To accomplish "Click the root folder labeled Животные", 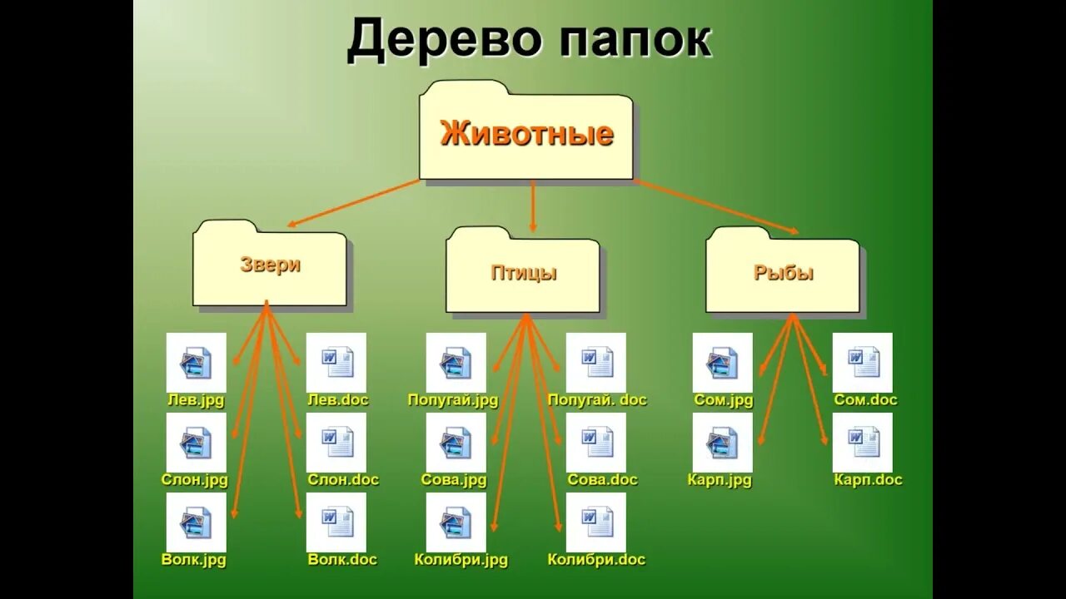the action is [x=526, y=133].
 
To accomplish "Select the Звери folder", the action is [x=270, y=265].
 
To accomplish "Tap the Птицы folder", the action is [x=523, y=272].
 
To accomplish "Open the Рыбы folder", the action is [x=783, y=272].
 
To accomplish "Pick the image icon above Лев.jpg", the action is [x=197, y=363].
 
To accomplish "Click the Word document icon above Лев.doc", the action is [x=336, y=363].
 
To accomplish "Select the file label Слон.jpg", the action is [x=195, y=480].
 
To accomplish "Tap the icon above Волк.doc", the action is [x=336, y=522].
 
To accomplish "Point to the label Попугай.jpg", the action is [x=453, y=400].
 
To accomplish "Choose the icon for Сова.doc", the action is [x=596, y=443].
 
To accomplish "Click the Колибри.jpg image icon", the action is [x=456, y=522].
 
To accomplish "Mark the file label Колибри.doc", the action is [x=596, y=560].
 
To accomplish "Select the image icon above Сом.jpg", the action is [x=723, y=363].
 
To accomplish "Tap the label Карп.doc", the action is [x=868, y=480].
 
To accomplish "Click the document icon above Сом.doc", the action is [x=863, y=363].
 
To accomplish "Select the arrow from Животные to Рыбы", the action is [x=716, y=205].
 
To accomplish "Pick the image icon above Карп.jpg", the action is [x=723, y=443].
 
